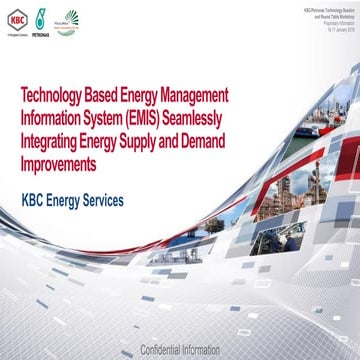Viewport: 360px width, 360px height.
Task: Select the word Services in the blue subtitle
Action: click(x=125, y=201)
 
